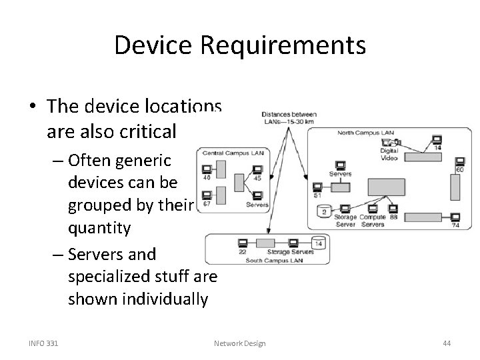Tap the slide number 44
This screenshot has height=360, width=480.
coord(447,343)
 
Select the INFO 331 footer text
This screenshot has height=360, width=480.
coord(43,343)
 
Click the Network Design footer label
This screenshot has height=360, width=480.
coord(239,343)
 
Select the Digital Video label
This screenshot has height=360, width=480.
coord(389,155)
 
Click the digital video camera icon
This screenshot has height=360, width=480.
coord(387,141)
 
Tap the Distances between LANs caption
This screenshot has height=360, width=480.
coord(289,117)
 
